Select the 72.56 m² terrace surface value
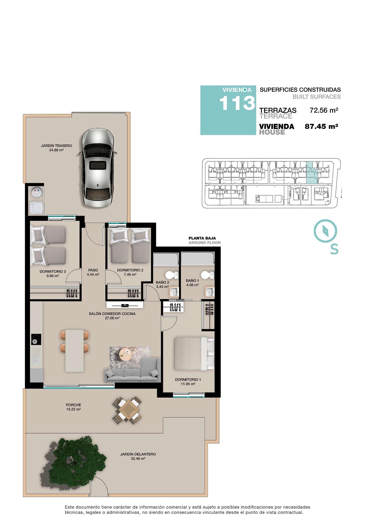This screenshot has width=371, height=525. click(x=324, y=110)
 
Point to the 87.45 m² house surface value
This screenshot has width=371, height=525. click(x=321, y=126)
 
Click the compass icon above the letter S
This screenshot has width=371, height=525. click(x=325, y=231)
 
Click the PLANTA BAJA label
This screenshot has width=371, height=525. click(x=202, y=238)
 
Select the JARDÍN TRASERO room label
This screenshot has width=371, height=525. click(x=56, y=146)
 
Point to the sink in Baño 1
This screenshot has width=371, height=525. click(x=210, y=292)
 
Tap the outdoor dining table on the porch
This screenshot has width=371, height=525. click(x=128, y=410)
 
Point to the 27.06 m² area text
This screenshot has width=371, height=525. click(x=112, y=318)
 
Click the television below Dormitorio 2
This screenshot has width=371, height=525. click(x=124, y=305)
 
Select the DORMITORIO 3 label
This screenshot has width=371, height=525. click(x=52, y=271)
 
